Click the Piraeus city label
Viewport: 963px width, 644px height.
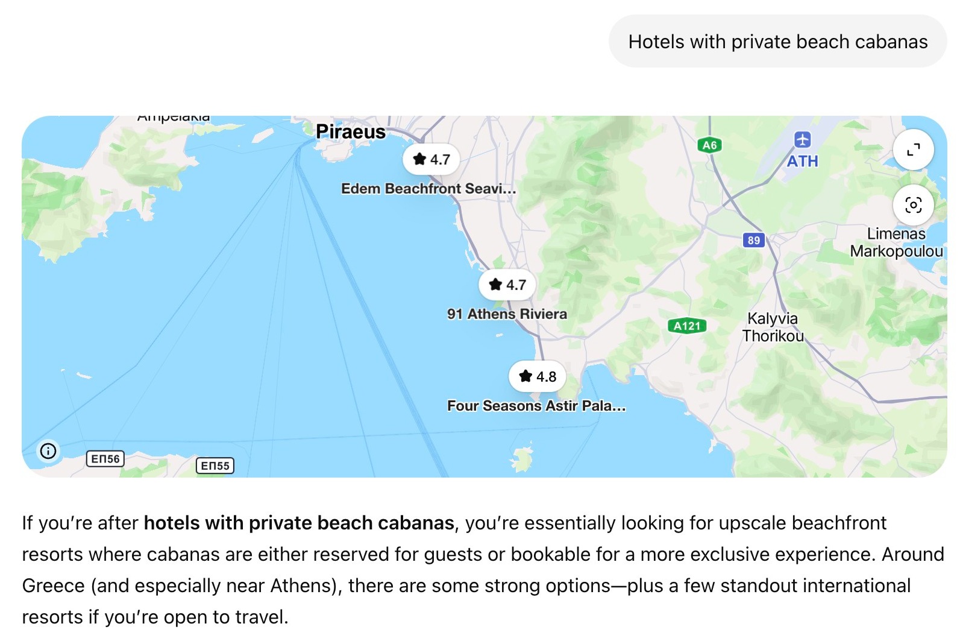click(x=350, y=131)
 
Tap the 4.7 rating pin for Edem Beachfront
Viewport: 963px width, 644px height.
click(x=431, y=159)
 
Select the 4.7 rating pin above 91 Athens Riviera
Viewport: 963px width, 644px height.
click(x=507, y=285)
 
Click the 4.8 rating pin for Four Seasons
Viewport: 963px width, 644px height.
click(x=537, y=376)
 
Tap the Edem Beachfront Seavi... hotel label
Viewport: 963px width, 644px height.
click(x=428, y=189)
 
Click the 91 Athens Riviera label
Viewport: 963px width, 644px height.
click(x=507, y=314)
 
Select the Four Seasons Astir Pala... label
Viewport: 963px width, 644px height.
click(x=536, y=406)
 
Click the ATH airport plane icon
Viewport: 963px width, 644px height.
click(x=802, y=140)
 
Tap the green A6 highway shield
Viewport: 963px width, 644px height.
click(x=709, y=145)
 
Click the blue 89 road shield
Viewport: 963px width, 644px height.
click(x=753, y=240)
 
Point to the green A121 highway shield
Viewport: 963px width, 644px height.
click(x=686, y=326)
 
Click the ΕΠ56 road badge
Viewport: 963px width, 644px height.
click(x=105, y=459)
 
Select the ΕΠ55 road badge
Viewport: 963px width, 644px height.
click(x=215, y=466)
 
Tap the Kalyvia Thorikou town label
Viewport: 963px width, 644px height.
click(x=773, y=327)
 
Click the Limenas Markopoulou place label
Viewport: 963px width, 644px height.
click(x=896, y=242)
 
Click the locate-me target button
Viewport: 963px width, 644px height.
click(x=913, y=205)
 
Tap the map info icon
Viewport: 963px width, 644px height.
click(x=48, y=450)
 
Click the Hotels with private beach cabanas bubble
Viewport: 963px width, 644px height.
click(x=777, y=42)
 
